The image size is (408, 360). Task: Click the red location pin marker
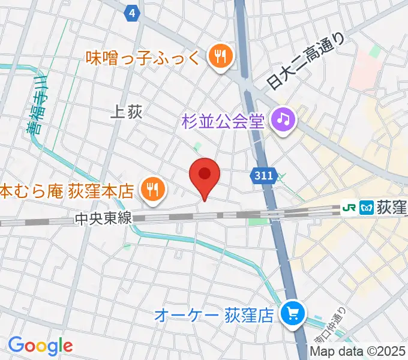coord(205,175)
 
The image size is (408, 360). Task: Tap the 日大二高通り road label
coord(307,61)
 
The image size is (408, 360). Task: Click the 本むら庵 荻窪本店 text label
coord(66,191)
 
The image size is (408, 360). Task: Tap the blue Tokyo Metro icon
coord(365,208)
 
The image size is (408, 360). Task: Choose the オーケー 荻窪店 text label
coord(223,314)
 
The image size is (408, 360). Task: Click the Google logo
coord(40,345)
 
